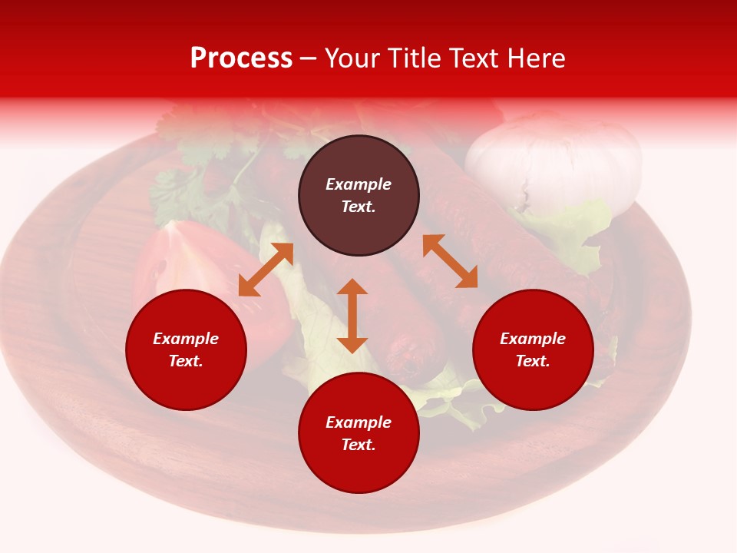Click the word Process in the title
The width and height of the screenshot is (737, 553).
click(241, 58)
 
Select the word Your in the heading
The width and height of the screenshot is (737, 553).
click(353, 58)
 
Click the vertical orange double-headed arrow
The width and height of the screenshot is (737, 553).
click(352, 316)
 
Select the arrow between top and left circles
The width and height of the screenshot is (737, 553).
click(266, 269)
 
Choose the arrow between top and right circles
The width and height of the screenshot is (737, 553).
click(450, 261)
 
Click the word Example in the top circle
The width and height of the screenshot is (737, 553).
click(359, 184)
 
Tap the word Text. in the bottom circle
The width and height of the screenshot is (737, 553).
click(359, 445)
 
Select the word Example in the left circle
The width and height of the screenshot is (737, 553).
click(186, 339)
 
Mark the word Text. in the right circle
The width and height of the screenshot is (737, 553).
click(533, 361)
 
